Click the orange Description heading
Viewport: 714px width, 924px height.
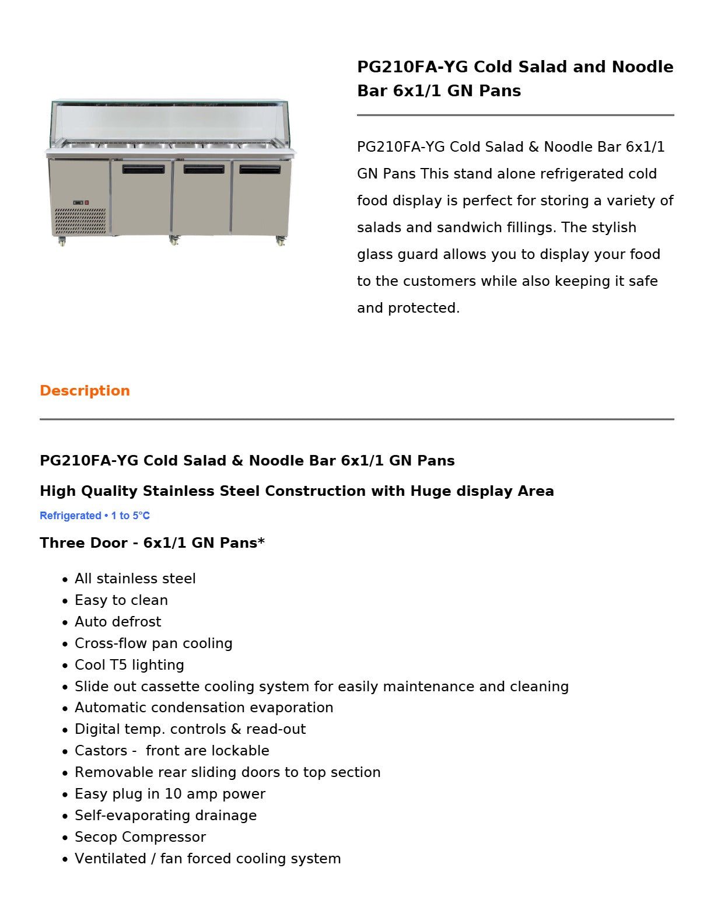pos(85,391)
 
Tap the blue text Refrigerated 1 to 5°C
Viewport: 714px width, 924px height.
pos(94,516)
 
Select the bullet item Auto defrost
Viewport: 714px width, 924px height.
pos(118,622)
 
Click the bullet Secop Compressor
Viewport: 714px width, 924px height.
pos(140,837)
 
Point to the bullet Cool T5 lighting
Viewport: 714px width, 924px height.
pos(129,665)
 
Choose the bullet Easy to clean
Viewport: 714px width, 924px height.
pos(121,600)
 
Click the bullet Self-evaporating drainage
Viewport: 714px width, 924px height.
pos(166,815)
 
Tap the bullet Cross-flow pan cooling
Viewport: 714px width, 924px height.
pos(153,643)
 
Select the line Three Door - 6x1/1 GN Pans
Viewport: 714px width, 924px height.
pos(152,543)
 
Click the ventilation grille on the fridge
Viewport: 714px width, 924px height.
pos(80,221)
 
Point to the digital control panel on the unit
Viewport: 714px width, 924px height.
pos(80,202)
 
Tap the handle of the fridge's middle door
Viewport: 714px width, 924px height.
pos(204,170)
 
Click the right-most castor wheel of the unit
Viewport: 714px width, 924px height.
pos(281,241)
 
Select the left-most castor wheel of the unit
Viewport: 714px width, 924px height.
pos(62,242)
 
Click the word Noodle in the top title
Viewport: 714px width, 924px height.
pos(642,67)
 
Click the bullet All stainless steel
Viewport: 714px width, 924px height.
pos(135,579)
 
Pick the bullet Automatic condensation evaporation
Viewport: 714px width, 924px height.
pos(204,708)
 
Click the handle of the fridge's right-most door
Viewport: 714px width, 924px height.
pos(260,170)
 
